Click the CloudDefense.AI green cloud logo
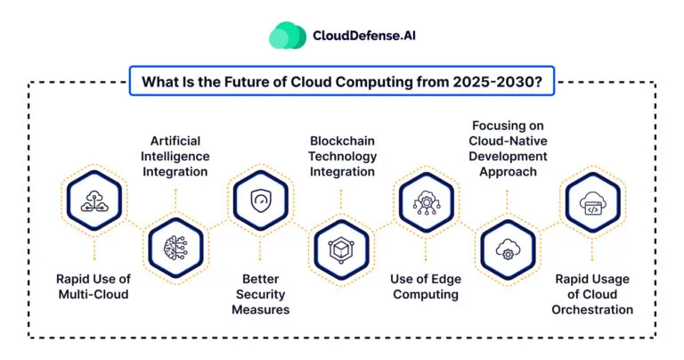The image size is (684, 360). pos(288,36)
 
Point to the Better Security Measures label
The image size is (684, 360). pos(260,295)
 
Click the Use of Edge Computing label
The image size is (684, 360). pos(426,287)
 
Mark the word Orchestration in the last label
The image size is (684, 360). pos(593,310)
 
